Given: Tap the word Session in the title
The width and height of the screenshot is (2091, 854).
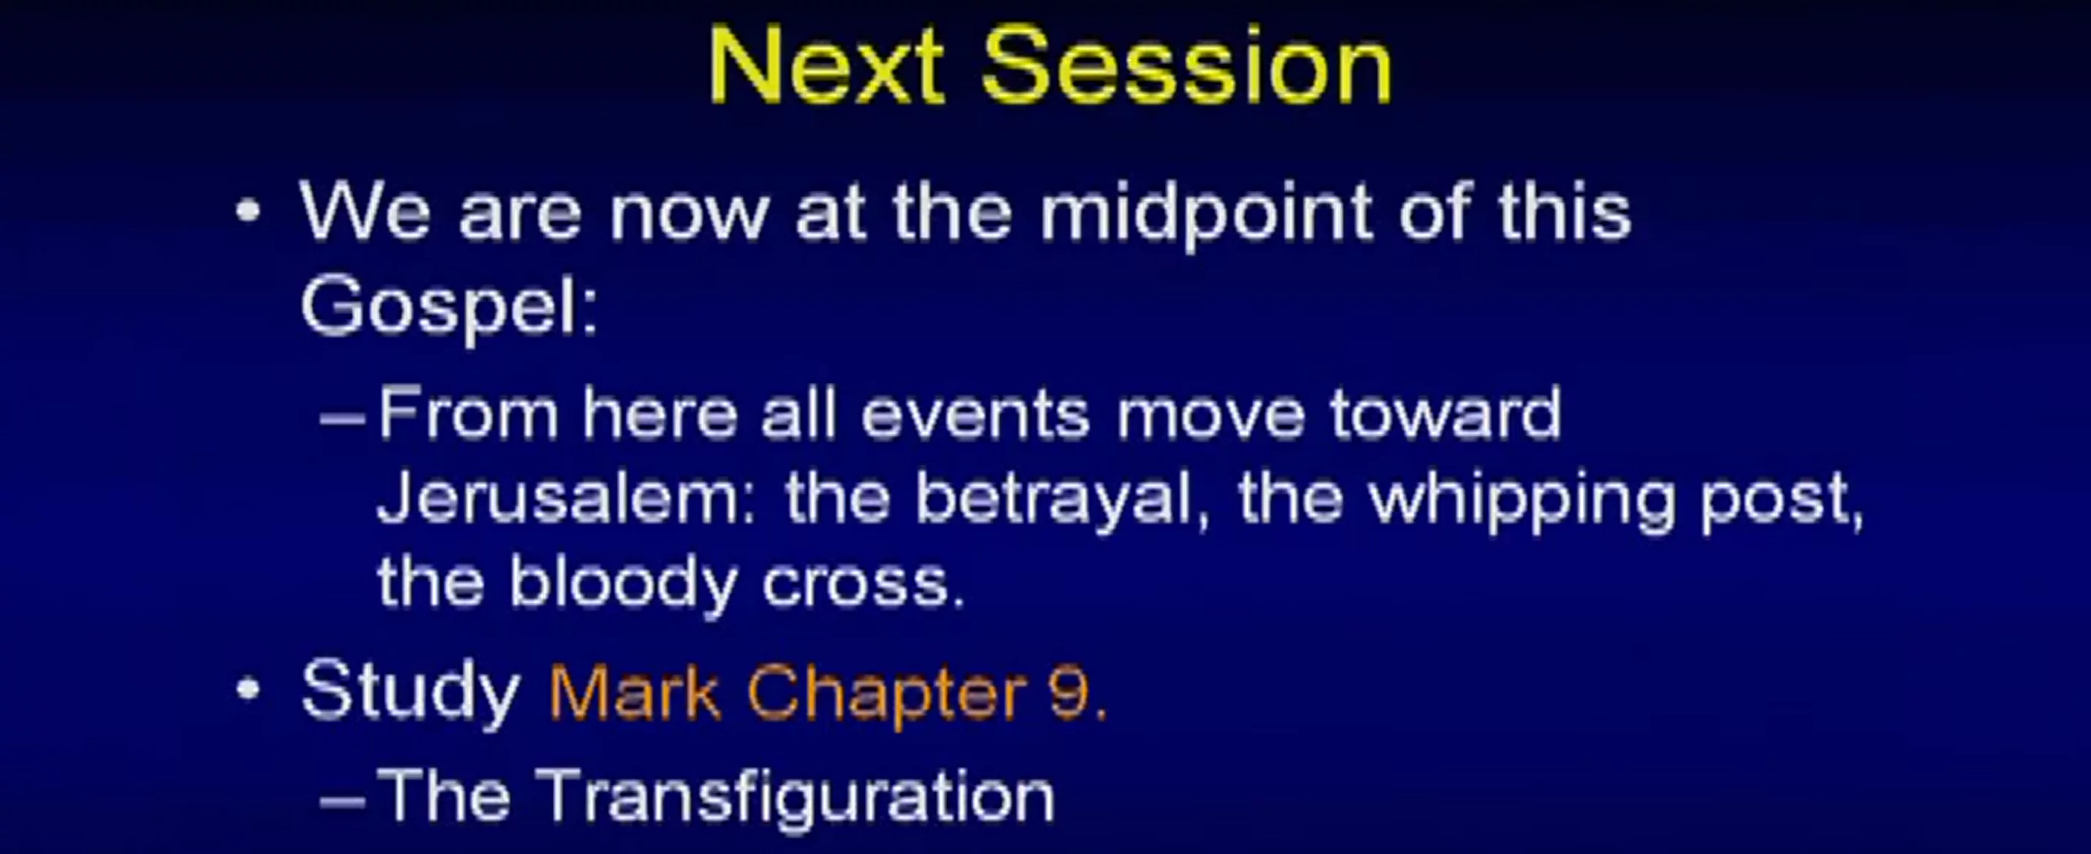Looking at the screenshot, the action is pyautogui.click(x=1187, y=65).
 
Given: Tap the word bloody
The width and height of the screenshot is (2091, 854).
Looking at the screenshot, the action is pyautogui.click(x=624, y=583).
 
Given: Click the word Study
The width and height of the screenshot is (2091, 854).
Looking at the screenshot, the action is pyautogui.click(x=411, y=692).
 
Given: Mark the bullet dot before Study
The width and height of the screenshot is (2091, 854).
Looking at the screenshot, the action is pyautogui.click(x=249, y=690).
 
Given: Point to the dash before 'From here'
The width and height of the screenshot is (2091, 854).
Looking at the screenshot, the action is pyautogui.click(x=343, y=419).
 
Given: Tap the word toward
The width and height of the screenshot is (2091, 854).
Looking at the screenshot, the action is pyautogui.click(x=1445, y=414).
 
